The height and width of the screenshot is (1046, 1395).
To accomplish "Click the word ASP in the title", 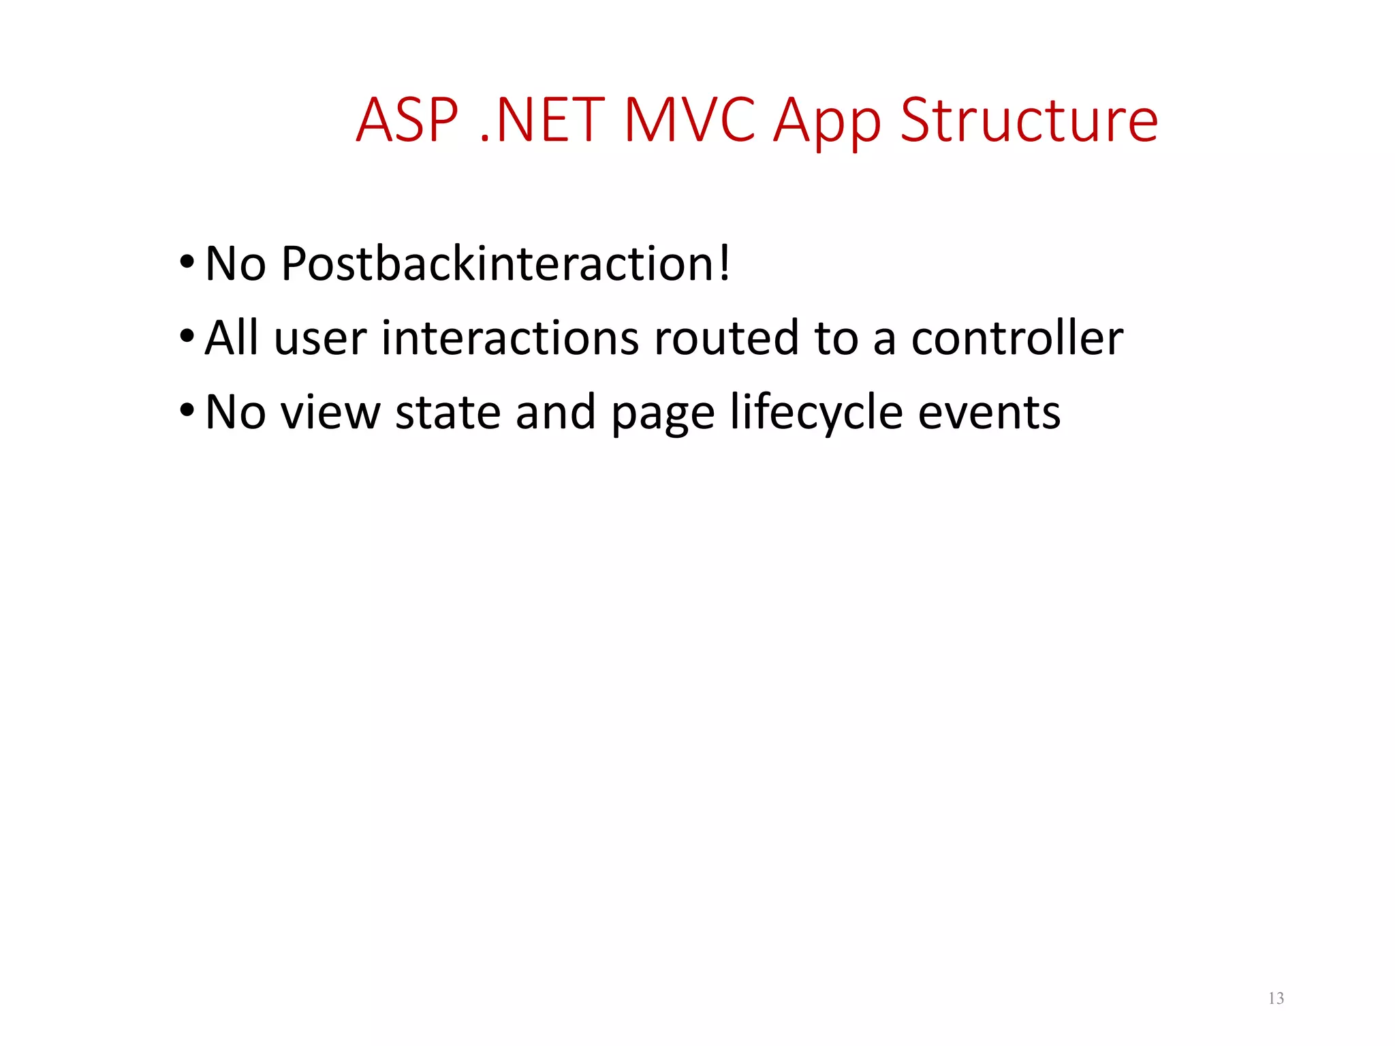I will (407, 121).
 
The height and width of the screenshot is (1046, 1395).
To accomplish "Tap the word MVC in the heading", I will (689, 121).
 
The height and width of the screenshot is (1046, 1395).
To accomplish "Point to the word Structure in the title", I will (1029, 121).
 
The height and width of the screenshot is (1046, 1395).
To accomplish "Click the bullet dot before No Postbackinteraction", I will (187, 261).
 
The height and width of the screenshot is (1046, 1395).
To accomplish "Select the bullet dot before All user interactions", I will (187, 336).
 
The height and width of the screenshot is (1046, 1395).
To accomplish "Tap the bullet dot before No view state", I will (187, 411).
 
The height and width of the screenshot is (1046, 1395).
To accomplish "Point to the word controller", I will (1017, 338).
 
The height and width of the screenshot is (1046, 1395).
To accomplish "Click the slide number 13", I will (1276, 998).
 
